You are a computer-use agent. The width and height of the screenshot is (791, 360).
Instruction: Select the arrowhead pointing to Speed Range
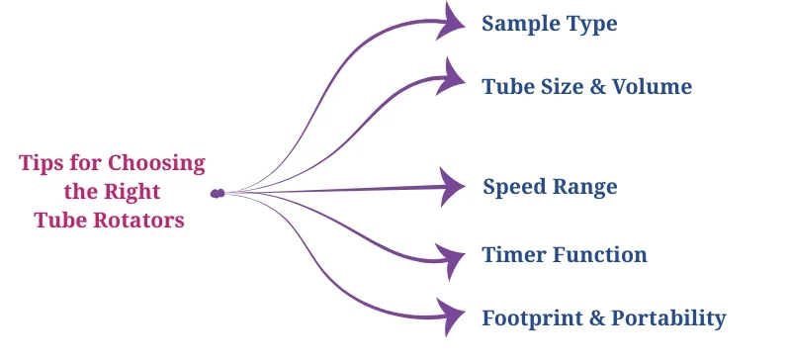coord(452,184)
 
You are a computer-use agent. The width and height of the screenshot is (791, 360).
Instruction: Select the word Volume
coord(653,87)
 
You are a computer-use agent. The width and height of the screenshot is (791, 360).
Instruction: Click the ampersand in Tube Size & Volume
coord(597,87)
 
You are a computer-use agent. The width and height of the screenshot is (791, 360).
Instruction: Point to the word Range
coord(586,188)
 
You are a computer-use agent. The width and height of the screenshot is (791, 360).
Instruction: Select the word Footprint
coord(531,318)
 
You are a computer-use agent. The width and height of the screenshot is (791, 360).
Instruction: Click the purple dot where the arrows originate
coord(217,193)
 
